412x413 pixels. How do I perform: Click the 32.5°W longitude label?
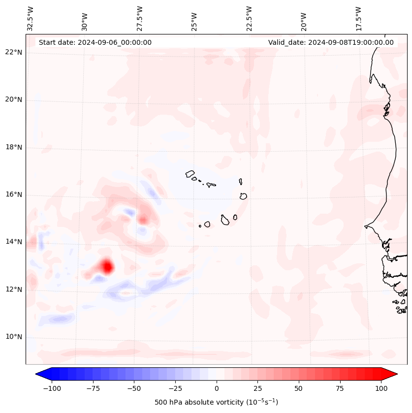click(31, 19)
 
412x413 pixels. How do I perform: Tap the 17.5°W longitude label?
click(358, 19)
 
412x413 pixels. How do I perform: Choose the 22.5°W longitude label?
click(249, 19)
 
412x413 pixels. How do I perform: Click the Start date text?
click(95, 42)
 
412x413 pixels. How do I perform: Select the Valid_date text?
click(331, 42)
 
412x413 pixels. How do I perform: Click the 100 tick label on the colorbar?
click(381, 388)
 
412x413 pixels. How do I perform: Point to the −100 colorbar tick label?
click(52, 388)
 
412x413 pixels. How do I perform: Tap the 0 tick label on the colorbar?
click(217, 388)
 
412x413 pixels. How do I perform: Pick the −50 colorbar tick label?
click(134, 388)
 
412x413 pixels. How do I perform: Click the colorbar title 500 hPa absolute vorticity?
click(216, 402)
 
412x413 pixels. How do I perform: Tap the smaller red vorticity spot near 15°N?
click(143, 220)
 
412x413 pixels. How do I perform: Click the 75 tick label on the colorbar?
click(340, 388)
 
